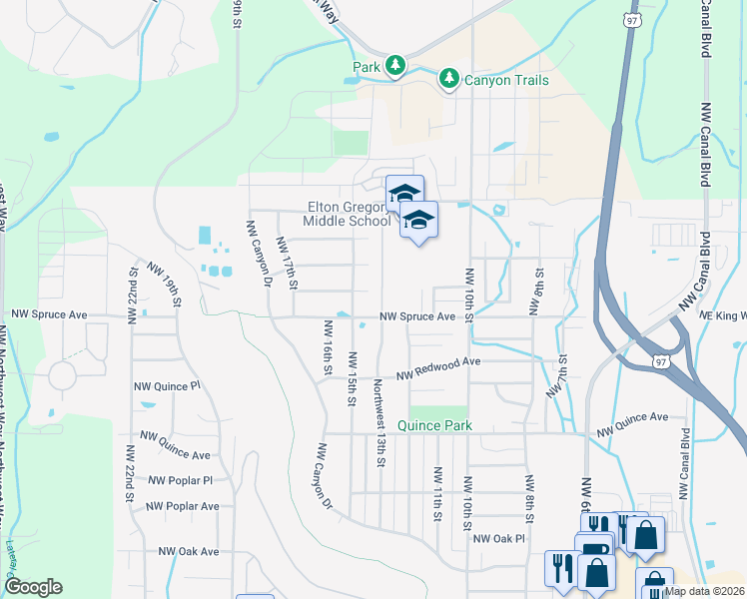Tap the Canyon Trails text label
tap(505, 80)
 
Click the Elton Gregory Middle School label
tap(349, 215)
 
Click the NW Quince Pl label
tap(167, 384)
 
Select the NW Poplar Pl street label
tap(181, 481)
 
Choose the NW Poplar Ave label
tap(184, 506)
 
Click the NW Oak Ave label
tap(188, 551)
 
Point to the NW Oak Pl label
tap(498, 539)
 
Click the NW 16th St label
tap(327, 347)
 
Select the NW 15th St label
tap(352, 378)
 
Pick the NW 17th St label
tap(287, 263)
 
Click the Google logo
tap(33, 587)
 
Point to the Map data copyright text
tap(703, 591)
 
